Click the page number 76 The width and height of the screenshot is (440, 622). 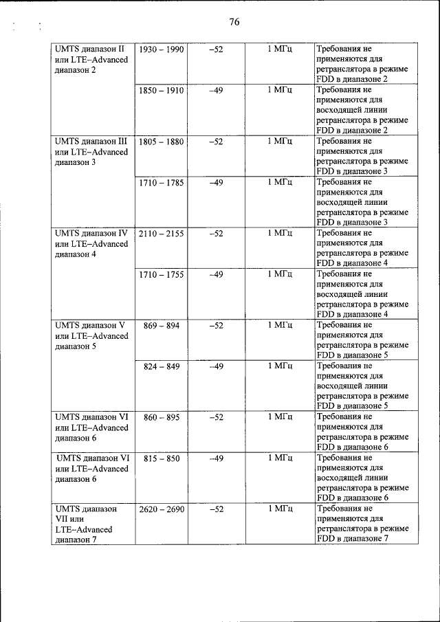233,23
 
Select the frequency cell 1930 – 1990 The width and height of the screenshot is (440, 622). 162,50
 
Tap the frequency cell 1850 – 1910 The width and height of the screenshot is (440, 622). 162,90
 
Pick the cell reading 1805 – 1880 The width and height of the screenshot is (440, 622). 162,142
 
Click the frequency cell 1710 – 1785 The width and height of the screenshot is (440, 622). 162,182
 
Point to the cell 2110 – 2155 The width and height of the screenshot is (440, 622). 162,234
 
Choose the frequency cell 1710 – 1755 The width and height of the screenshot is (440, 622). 162,274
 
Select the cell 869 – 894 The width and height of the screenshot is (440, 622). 162,325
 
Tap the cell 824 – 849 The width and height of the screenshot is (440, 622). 162,366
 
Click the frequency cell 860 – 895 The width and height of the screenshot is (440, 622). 162,417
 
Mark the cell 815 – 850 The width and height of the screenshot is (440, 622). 162,458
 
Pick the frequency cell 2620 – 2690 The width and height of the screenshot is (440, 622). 162,509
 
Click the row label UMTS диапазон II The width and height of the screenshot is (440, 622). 90,50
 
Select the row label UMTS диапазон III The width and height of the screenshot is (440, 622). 91,142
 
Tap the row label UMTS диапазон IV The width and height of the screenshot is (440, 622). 91,234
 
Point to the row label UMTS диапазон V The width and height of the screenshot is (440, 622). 90,325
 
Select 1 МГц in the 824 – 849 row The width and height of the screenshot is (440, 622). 280,366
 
